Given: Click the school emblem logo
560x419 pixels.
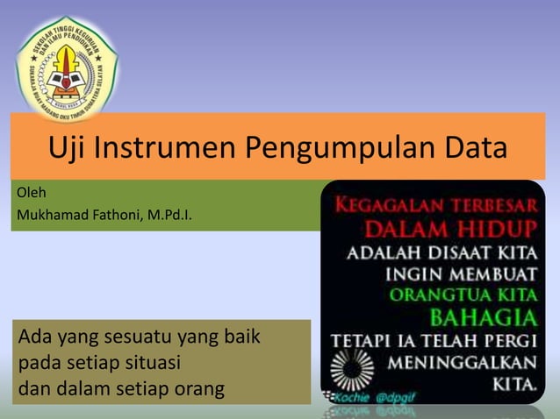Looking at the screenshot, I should [68, 68].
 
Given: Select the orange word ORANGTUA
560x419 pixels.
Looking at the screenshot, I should [438, 294].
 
